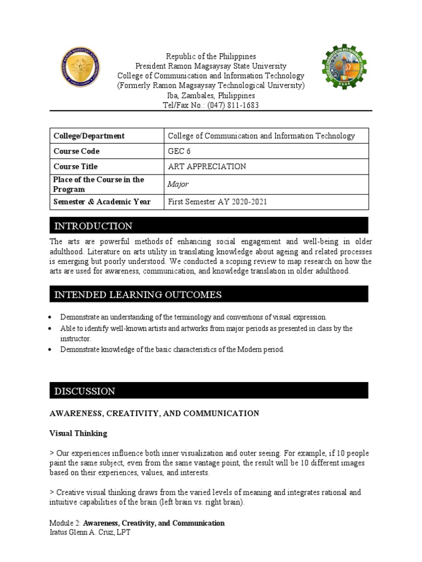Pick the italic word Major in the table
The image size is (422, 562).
177,185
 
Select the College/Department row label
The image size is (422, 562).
88,136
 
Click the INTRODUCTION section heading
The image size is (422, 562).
93,226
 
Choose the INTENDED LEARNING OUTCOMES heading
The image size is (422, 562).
138,295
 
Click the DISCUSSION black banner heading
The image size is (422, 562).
85,391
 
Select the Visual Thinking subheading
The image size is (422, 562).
79,433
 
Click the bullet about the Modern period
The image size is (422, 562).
172,350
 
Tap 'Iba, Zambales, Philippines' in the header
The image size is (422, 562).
211,95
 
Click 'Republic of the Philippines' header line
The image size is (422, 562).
211,57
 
